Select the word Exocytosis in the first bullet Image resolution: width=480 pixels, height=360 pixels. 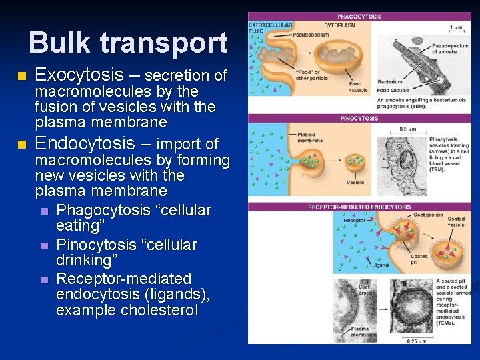click(x=79, y=74)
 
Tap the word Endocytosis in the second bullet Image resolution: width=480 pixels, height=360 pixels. click(x=84, y=143)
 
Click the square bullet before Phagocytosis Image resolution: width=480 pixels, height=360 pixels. click(x=44, y=211)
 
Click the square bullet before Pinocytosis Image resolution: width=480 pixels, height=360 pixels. click(x=44, y=245)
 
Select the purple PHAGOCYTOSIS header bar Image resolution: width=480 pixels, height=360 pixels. click(x=359, y=16)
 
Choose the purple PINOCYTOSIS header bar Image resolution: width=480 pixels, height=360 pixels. click(x=359, y=118)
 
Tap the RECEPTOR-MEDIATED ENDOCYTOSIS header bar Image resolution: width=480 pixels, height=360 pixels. click(x=359, y=207)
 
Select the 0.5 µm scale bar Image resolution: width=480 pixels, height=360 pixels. click(x=404, y=133)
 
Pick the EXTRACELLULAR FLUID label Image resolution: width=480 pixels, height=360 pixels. click(x=270, y=28)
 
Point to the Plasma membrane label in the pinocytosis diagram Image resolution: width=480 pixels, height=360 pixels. click(x=311, y=137)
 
